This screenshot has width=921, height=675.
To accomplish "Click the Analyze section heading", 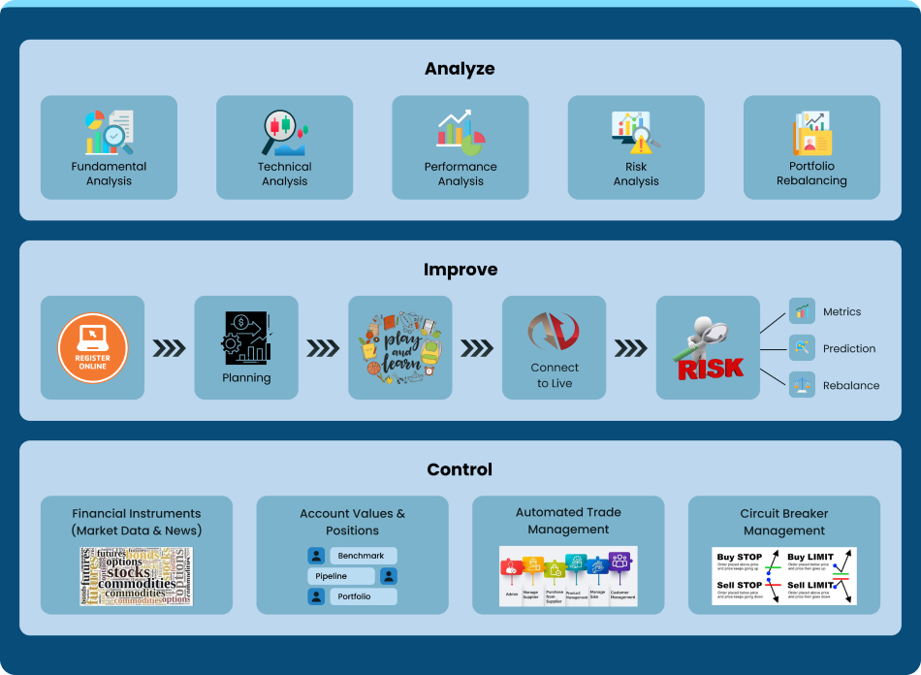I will [x=460, y=69].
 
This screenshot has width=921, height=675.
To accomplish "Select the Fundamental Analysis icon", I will [x=109, y=133].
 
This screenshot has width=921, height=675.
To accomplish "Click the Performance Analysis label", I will [x=460, y=174].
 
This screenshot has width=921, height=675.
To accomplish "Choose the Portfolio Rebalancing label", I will [x=811, y=174].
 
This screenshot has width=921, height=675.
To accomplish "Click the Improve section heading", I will [x=460, y=270].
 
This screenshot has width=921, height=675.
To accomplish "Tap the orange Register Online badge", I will [x=92, y=347].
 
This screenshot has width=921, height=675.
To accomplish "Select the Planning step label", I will [x=246, y=378].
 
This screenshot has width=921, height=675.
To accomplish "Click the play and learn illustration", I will [x=400, y=347].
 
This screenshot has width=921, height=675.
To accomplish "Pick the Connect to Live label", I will [x=555, y=375].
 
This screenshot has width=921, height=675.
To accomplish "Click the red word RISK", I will [x=711, y=368].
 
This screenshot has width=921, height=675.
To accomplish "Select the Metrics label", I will [x=842, y=312].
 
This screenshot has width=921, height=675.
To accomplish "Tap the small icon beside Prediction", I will [x=802, y=348].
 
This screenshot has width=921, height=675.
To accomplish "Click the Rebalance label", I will [x=850, y=385].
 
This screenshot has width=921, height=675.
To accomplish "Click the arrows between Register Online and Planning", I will [x=170, y=348].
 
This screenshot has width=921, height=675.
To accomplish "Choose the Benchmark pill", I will [x=362, y=556].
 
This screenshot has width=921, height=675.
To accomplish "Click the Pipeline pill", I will [x=341, y=576].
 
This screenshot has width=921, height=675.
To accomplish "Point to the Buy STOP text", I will [x=739, y=558].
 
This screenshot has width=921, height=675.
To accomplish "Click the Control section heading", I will [x=460, y=469].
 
